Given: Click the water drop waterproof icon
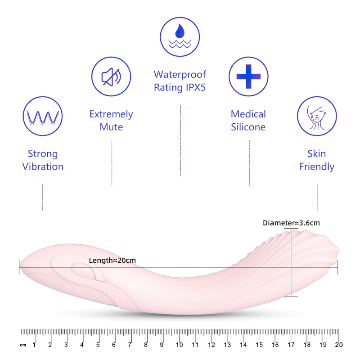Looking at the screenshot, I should click(x=180, y=37).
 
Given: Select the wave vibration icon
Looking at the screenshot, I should click(x=42, y=116).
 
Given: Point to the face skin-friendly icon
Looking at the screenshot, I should click(x=317, y=116).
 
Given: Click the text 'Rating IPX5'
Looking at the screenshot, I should click(x=180, y=87).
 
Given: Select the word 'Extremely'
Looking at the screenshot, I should click(x=111, y=114).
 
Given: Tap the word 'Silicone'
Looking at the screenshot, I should click(x=248, y=127).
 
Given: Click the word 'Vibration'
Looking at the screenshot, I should click(x=43, y=166).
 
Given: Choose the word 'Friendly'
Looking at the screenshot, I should click(x=317, y=166).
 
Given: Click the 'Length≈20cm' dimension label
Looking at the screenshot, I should click(x=112, y=260).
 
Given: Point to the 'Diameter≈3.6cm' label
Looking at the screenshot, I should click(x=291, y=223).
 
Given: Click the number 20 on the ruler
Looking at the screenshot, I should click(x=339, y=345).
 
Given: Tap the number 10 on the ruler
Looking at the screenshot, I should click(x=180, y=345).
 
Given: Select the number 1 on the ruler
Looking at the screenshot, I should click(x=35, y=345).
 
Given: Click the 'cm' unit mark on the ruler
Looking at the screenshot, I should click(x=22, y=345).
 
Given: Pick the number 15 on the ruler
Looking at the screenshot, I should click(x=259, y=345).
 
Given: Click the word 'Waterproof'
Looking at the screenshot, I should click(x=180, y=74).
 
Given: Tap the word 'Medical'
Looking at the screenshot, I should click(x=248, y=114).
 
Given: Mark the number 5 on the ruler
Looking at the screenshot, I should click(x=98, y=345).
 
